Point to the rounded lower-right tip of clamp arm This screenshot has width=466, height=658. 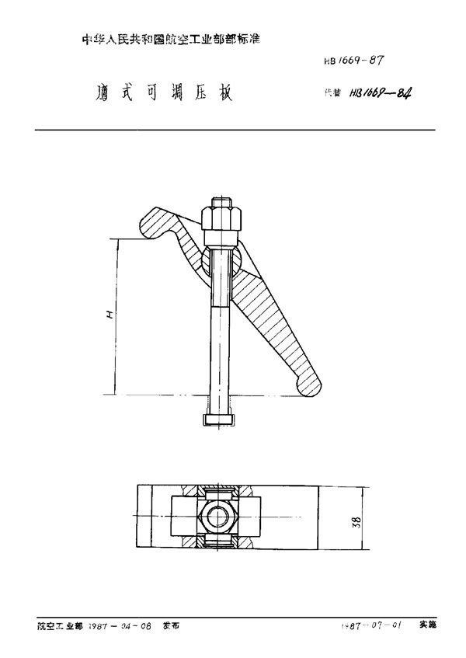[x=310, y=382]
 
